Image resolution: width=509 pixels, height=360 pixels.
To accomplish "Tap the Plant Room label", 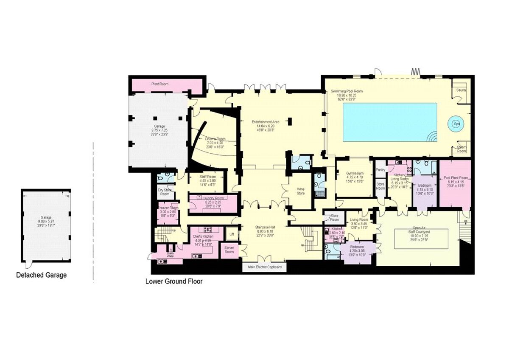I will coord(160,84).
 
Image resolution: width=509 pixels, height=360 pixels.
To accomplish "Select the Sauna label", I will coord(461,90).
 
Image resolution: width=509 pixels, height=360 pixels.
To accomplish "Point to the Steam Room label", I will coord(461,149).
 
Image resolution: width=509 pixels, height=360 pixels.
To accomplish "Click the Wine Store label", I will coord(300,191).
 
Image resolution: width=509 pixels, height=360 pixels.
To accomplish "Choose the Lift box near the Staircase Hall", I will coord(231,233).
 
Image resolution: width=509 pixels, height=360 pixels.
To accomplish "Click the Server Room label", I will coord(229,250).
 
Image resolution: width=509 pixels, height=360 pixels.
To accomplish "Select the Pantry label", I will coord(380,170).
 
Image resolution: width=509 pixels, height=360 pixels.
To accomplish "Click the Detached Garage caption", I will coord(41,275).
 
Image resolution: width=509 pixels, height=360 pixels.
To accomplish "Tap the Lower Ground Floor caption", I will coord(173,281).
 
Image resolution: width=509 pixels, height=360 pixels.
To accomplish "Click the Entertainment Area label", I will coord(266,122).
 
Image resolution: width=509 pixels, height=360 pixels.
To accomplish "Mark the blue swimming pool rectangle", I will coord(389,122).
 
